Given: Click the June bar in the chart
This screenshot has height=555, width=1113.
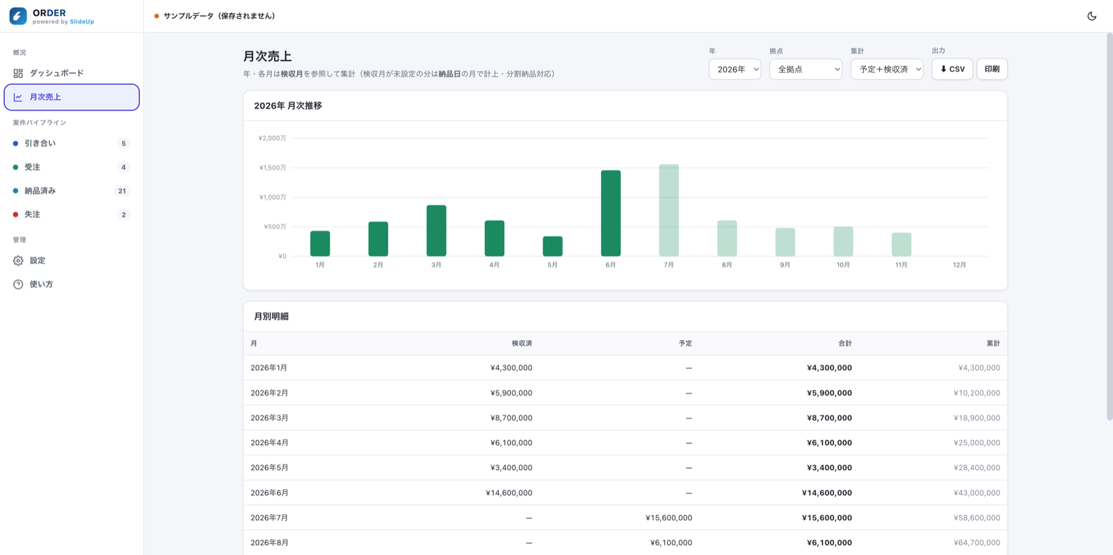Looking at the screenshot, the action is click(x=611, y=213).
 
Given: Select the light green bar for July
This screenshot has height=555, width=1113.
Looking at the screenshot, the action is click(x=668, y=210).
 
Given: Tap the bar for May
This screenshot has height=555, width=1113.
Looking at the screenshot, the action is click(x=552, y=246).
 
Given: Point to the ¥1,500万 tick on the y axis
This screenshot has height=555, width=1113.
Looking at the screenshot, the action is click(x=272, y=168).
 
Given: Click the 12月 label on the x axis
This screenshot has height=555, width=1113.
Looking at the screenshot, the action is click(x=959, y=265).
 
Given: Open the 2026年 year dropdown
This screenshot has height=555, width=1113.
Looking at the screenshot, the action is click(x=735, y=69).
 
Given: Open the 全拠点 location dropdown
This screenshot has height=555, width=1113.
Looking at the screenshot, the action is click(x=806, y=69).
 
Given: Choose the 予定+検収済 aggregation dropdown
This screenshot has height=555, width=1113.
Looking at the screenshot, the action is click(x=887, y=69).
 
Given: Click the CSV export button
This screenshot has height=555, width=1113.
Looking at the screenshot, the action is click(x=952, y=69).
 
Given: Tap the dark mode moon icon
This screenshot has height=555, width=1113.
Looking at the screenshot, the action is click(x=1091, y=16).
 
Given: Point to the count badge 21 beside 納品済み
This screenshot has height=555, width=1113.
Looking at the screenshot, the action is click(x=122, y=191).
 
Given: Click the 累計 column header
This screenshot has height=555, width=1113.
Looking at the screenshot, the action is click(x=993, y=344).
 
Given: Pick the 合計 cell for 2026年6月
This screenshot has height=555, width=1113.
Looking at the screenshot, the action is click(x=827, y=493).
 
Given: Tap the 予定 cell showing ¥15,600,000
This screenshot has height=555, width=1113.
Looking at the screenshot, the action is click(x=668, y=517).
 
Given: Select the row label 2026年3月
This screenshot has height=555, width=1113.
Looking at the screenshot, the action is click(x=269, y=418).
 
